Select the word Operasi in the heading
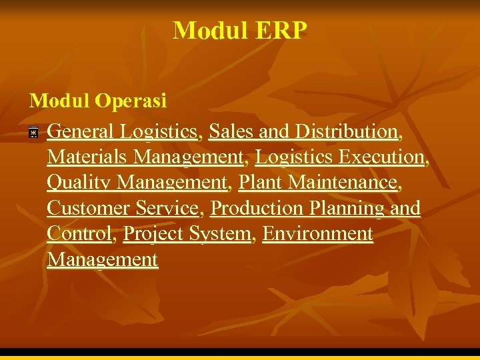coord(131,101)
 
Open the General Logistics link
coord(123,132)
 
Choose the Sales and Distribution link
coord(303,132)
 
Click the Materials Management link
coord(145,157)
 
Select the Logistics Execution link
coord(339,157)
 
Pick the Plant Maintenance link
coord(318,183)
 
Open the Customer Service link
coord(123,209)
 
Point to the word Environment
coord(317,234)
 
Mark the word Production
coord(257,209)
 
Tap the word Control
coord(77,234)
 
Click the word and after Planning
coord(405,209)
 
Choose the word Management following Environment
coord(102,259)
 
